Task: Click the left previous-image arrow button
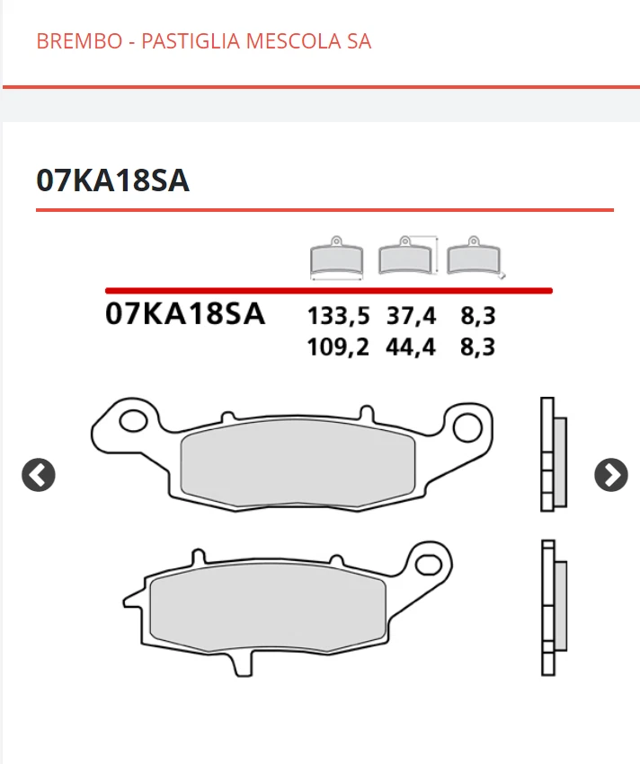(39, 475)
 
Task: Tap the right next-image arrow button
(611, 475)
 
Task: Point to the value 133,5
(338, 317)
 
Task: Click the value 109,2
(338, 347)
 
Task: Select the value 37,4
(411, 317)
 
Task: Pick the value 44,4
(411, 347)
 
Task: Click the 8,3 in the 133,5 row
(477, 317)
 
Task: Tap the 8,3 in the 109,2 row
(477, 347)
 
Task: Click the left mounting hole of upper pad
(136, 421)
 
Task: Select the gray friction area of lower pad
(268, 608)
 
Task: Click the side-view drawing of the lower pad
(554, 607)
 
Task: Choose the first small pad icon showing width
(336, 259)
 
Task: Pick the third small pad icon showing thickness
(475, 259)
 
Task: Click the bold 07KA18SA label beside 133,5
(185, 315)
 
